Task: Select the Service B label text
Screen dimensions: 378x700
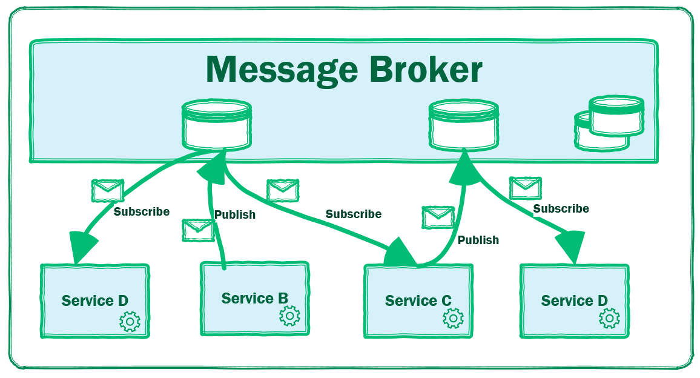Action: click(254, 299)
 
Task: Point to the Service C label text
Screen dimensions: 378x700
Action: click(418, 301)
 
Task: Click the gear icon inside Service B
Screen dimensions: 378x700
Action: click(290, 316)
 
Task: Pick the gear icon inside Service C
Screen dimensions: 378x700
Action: click(453, 318)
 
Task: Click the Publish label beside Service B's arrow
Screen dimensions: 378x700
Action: click(235, 215)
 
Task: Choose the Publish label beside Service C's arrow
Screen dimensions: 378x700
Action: click(478, 240)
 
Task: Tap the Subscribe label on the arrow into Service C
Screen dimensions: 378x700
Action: click(354, 214)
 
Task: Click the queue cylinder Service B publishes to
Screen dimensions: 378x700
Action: click(217, 126)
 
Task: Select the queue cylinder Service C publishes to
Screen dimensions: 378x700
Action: click(464, 125)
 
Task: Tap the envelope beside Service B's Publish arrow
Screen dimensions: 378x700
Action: click(198, 230)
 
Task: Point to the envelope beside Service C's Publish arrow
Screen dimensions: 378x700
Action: click(438, 217)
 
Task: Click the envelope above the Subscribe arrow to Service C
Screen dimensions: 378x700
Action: click(283, 190)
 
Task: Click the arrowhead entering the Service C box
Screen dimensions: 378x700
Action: click(400, 253)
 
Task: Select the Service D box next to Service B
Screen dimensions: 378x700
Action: click(95, 300)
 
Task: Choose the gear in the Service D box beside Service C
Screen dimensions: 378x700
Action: click(609, 318)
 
